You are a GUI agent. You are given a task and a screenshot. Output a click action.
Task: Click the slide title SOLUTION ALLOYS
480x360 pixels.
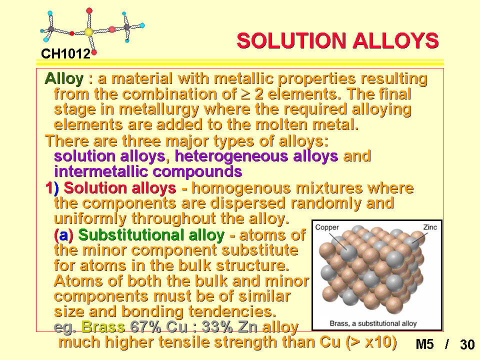click(x=337, y=40)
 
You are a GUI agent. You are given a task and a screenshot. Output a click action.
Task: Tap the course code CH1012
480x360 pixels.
click(x=66, y=54)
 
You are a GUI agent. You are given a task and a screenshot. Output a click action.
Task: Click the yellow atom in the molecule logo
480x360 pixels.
click(x=88, y=31)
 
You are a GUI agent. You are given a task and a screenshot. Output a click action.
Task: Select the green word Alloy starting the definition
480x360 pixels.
click(x=64, y=79)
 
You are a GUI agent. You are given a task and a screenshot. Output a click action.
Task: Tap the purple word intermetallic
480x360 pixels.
click(x=100, y=171)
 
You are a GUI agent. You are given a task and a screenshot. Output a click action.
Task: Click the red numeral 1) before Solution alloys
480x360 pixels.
click(x=52, y=187)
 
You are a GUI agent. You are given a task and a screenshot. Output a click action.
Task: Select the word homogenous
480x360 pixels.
click(x=241, y=188)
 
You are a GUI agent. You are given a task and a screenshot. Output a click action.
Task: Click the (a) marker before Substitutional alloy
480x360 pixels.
click(x=63, y=235)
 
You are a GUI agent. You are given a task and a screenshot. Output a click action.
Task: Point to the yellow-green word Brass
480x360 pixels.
click(x=103, y=327)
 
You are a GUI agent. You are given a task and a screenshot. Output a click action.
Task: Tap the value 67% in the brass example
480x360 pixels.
click(x=145, y=327)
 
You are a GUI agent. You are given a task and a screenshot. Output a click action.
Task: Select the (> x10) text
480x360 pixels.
click(x=371, y=342)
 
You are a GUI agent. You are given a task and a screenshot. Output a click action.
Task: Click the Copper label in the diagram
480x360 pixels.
click(x=327, y=227)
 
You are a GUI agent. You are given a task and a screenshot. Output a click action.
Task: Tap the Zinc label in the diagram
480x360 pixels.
click(x=430, y=227)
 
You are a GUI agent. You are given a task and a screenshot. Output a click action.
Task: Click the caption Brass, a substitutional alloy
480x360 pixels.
click(x=373, y=323)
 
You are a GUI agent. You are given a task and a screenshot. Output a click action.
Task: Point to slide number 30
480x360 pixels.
click(x=467, y=344)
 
